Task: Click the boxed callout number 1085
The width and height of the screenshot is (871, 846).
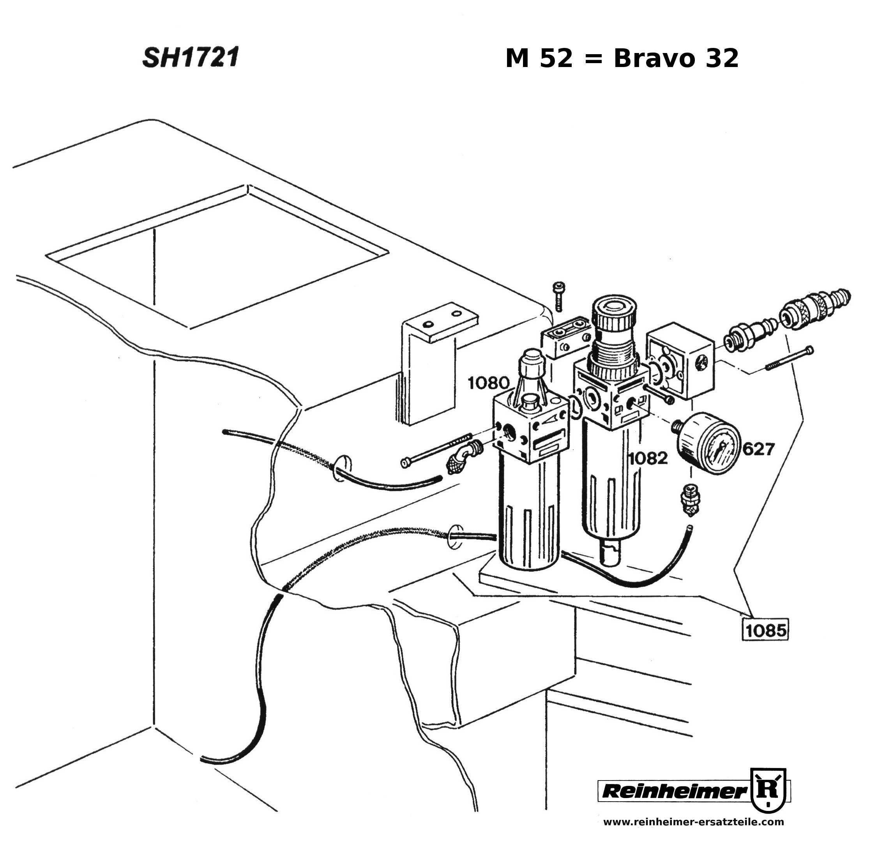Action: [x=765, y=630]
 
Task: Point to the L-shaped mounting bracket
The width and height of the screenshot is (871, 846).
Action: [x=427, y=364]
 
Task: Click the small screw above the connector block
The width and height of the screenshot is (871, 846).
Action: [x=558, y=295]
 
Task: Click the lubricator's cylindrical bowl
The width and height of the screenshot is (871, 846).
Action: [x=529, y=516]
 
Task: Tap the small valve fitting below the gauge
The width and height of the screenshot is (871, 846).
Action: [x=688, y=500]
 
